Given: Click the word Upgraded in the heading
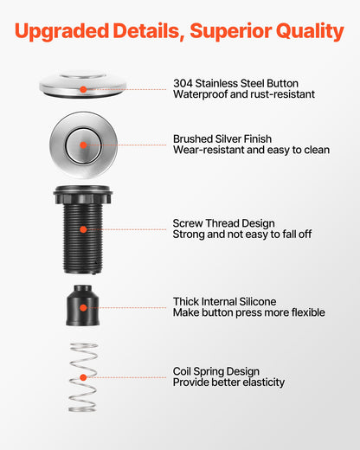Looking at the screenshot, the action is (x=61, y=31).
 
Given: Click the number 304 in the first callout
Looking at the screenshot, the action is (x=183, y=83).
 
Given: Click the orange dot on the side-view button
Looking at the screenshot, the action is (x=83, y=89).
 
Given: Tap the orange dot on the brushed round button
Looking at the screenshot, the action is (x=83, y=145).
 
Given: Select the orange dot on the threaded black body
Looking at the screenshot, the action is (x=83, y=229).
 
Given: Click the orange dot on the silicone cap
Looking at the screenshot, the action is (x=83, y=308).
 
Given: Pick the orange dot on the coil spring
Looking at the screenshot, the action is (x=83, y=377).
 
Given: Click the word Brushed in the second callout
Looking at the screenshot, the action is (x=193, y=139).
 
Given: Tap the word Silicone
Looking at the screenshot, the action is (x=258, y=302).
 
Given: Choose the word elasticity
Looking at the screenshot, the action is (x=264, y=382).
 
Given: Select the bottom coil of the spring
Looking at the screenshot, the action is (x=82, y=409).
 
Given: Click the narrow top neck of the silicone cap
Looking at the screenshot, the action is (x=83, y=289).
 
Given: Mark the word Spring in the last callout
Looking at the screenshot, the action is (x=210, y=371).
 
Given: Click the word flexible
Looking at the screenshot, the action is (x=308, y=312).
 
